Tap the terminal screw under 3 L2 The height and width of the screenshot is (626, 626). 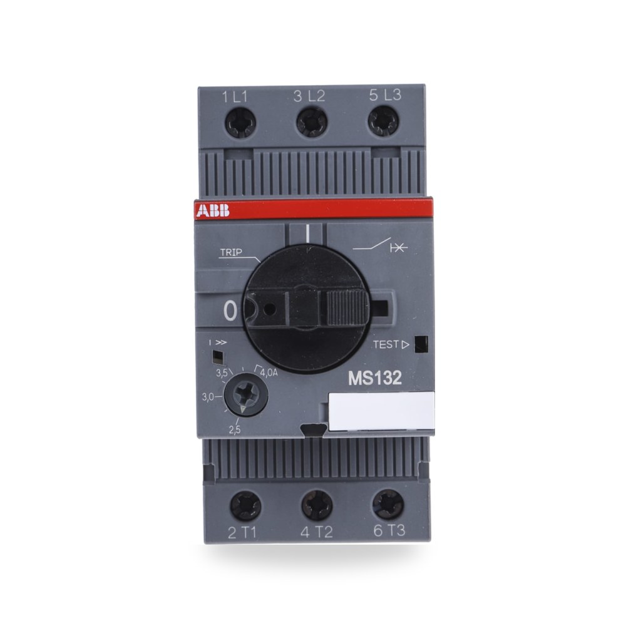312,122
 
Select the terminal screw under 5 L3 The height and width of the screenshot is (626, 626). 383,121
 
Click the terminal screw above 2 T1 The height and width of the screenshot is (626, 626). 245,506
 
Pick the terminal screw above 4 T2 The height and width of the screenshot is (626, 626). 317,505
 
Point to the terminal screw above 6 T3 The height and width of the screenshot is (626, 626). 388,504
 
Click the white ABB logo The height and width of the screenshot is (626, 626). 213,210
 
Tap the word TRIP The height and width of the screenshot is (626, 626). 231,252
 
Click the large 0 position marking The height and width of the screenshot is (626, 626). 230,311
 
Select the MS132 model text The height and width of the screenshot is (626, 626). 374,378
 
